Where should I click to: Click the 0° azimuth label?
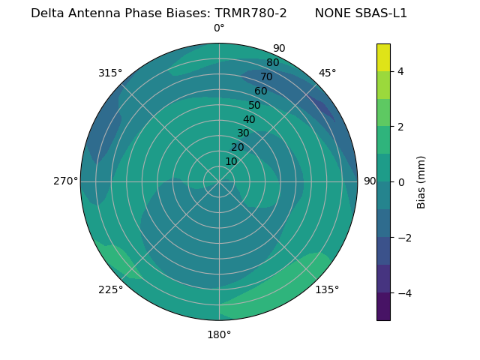pyautogui.click(x=219, y=28)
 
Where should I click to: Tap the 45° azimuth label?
pyautogui.click(x=327, y=73)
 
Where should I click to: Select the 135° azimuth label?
pyautogui.click(x=327, y=289)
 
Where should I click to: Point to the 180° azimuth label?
pyautogui.click(x=219, y=334)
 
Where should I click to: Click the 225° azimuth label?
pyautogui.click(x=110, y=289)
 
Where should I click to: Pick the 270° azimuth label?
pyautogui.click(x=66, y=181)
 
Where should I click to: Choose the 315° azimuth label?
pyautogui.click(x=110, y=73)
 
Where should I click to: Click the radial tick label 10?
pyautogui.click(x=232, y=161)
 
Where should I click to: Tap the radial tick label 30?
pyautogui.click(x=243, y=133)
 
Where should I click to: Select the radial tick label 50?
pyautogui.click(x=255, y=106)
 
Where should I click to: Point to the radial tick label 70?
pyautogui.click(x=266, y=77)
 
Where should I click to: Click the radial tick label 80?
pyautogui.click(x=272, y=63)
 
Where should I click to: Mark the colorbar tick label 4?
pyautogui.click(x=401, y=71)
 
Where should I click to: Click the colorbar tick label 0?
pyautogui.click(x=401, y=181)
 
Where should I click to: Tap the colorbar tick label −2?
pyautogui.click(x=404, y=237)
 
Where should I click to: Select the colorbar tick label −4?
pyautogui.click(x=404, y=292)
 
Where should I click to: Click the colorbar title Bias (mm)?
pyautogui.click(x=421, y=181)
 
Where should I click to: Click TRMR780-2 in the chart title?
pyautogui.click(x=251, y=13)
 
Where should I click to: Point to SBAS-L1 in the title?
pyautogui.click(x=382, y=13)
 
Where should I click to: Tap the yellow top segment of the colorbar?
pyautogui.click(x=383, y=58)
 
